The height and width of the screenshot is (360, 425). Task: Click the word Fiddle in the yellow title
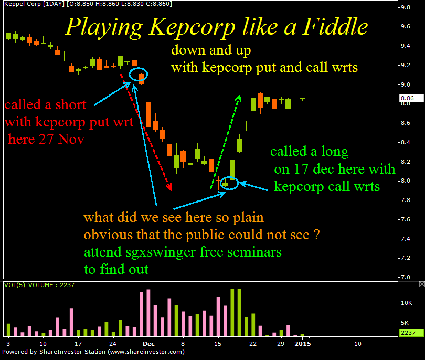tap(335, 27)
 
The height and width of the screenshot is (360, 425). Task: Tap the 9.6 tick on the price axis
tap(406, 27)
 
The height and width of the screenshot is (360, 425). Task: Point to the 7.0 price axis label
tap(406, 277)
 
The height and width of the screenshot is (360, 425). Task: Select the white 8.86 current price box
tap(411, 98)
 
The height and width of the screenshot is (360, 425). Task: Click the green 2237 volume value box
tap(411, 333)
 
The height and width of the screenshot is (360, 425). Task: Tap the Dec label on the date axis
tap(148, 344)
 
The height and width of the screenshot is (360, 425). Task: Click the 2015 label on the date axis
tap(303, 344)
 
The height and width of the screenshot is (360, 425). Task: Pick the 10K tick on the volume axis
tap(407, 303)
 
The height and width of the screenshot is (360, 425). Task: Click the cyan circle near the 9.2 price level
tap(138, 74)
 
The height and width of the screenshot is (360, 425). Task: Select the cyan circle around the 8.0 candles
tap(229, 183)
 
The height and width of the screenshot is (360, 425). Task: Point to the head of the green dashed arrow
tap(238, 98)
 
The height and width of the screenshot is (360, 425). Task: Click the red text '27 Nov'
tap(61, 139)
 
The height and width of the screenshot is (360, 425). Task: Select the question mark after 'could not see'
tap(316, 235)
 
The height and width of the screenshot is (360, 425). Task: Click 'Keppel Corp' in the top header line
tap(23, 4)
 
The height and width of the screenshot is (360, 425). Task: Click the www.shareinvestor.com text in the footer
tap(146, 352)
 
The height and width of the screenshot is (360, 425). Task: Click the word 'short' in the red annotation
tap(71, 104)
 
